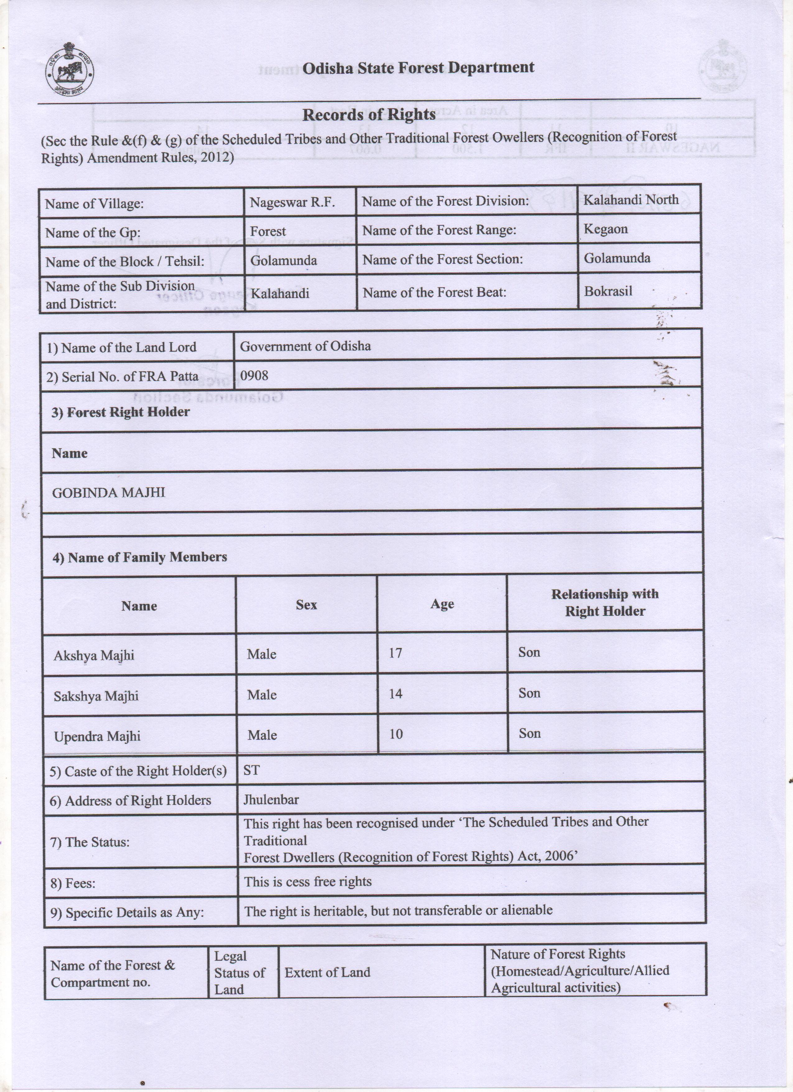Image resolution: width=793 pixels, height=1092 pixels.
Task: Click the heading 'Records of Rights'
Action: [369, 114]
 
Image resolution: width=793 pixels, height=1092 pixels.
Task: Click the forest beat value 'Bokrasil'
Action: [608, 291]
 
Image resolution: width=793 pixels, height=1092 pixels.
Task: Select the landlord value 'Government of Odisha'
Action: [305, 346]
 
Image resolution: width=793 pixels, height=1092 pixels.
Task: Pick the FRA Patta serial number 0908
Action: [254, 376]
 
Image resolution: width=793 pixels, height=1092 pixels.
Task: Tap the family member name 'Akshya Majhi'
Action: [94, 655]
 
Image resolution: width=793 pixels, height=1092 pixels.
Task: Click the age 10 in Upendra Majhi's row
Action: [396, 734]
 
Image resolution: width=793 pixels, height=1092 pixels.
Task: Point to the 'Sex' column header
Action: [306, 605]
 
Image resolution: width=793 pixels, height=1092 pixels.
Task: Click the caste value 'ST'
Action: [251, 770]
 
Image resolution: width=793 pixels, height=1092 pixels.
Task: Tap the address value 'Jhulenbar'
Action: [271, 800]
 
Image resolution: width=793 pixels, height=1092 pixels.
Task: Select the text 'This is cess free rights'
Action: [308, 882]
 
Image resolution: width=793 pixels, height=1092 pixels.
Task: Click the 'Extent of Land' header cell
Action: [327, 972]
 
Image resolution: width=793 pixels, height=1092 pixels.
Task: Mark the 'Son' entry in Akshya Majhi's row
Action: [529, 652]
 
